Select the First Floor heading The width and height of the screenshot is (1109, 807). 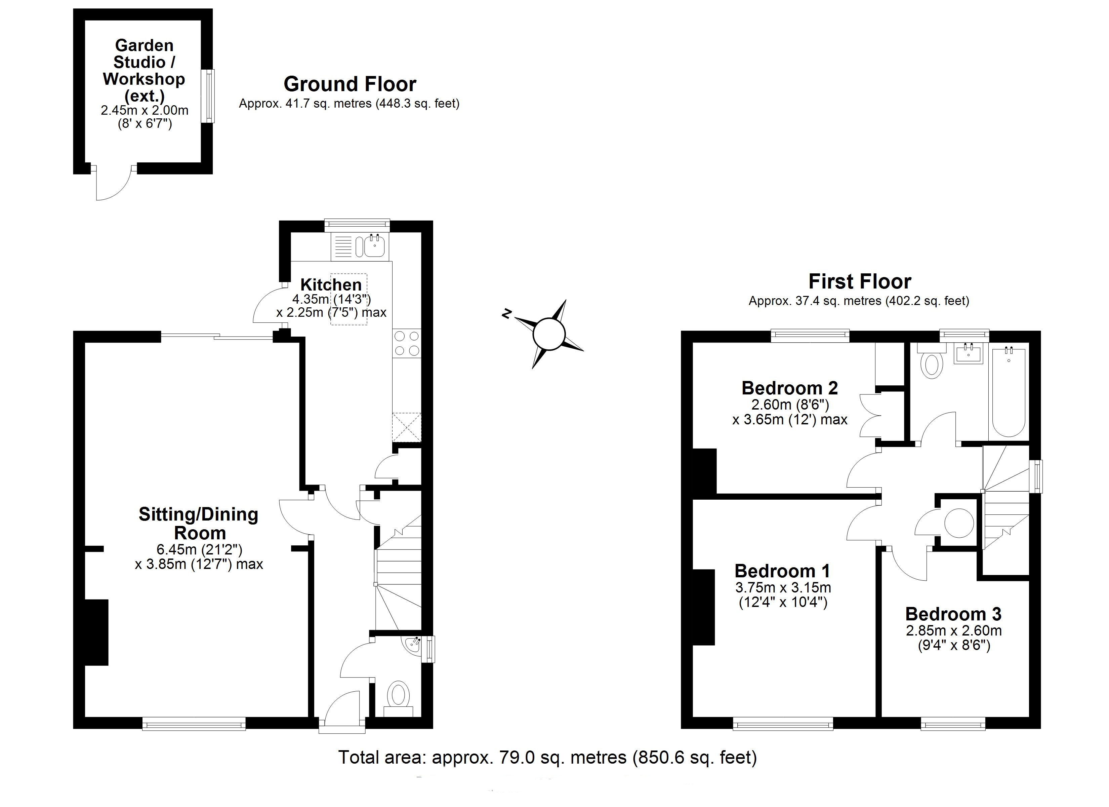(860, 281)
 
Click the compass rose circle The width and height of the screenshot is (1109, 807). (549, 334)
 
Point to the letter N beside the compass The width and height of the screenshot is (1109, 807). (507, 314)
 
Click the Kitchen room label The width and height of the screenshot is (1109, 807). (331, 284)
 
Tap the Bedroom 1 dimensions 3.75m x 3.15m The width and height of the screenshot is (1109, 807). (783, 587)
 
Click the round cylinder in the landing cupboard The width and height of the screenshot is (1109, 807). (958, 523)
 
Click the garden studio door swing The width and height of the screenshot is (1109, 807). (114, 185)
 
